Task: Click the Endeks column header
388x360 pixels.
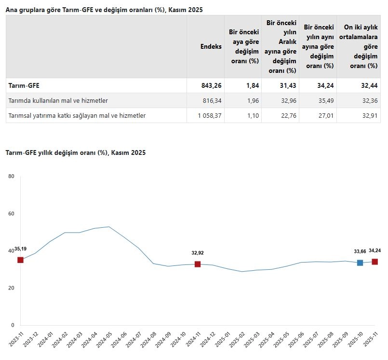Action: click(x=211, y=46)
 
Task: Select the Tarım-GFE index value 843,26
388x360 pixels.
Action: click(x=211, y=85)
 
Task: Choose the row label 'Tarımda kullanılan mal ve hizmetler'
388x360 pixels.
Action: click(x=58, y=100)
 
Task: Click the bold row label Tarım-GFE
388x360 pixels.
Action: click(x=24, y=85)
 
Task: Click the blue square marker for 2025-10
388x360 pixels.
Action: click(x=360, y=263)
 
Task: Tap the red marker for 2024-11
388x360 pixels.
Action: click(x=198, y=264)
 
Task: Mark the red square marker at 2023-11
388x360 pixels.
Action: click(x=20, y=260)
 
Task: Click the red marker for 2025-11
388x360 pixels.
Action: click(x=375, y=262)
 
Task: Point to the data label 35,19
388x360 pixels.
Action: click(x=20, y=249)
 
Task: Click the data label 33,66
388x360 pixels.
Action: click(x=360, y=251)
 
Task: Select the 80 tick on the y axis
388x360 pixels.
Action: click(x=12, y=177)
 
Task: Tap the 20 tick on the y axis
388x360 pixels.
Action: click(x=12, y=288)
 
